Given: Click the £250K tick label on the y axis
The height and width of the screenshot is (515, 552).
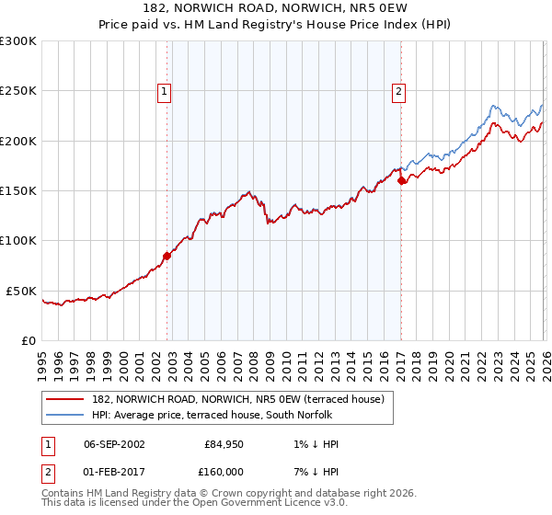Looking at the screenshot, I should tap(18, 91).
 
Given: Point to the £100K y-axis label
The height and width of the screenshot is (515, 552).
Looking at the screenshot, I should tap(18, 240).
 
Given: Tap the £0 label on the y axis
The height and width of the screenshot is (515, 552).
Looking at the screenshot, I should tap(28, 340).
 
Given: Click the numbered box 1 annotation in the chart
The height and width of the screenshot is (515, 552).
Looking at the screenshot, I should tap(164, 91).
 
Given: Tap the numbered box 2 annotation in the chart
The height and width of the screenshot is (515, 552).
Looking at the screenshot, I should tap(398, 91).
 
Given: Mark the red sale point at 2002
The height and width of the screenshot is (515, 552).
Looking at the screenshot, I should tap(167, 256).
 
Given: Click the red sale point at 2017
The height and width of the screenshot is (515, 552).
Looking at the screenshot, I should tap(401, 181).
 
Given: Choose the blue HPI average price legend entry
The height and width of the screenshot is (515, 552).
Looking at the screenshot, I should tap(217, 415).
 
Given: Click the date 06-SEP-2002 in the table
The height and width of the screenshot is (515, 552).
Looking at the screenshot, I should tap(113, 444).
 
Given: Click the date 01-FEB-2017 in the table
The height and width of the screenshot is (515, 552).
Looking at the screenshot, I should tap(113, 471).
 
